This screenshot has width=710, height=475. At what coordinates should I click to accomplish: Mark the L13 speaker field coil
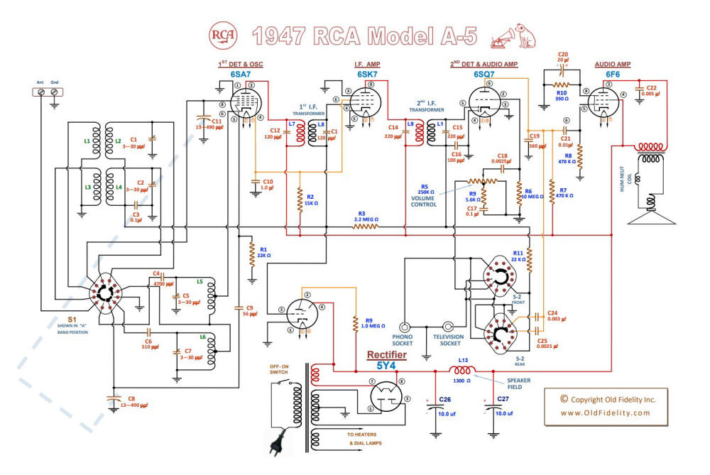461,371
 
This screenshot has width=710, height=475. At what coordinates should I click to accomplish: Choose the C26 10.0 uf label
445,405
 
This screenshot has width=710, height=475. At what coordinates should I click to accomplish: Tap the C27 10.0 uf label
503,405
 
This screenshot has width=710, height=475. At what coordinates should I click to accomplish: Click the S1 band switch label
71,320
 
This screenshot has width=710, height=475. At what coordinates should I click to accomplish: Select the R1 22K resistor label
263,252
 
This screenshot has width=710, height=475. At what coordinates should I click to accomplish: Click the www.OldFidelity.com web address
605,413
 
